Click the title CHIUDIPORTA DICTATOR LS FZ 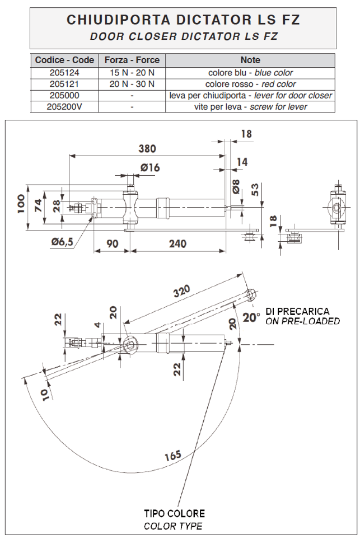[183, 20]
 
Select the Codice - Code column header [64, 60]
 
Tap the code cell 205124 [64, 73]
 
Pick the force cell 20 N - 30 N [132, 84]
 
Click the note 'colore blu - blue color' [250, 73]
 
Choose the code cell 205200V [64, 106]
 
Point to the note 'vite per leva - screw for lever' [250, 106]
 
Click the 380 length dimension [147, 149]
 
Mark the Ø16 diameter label [150, 167]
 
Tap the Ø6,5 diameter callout [62, 242]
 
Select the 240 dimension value [178, 243]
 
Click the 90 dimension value [111, 243]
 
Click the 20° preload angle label [251, 317]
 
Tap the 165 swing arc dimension [173, 455]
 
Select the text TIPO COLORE [175, 513]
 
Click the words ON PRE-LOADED [302, 321]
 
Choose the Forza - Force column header [132, 60]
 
